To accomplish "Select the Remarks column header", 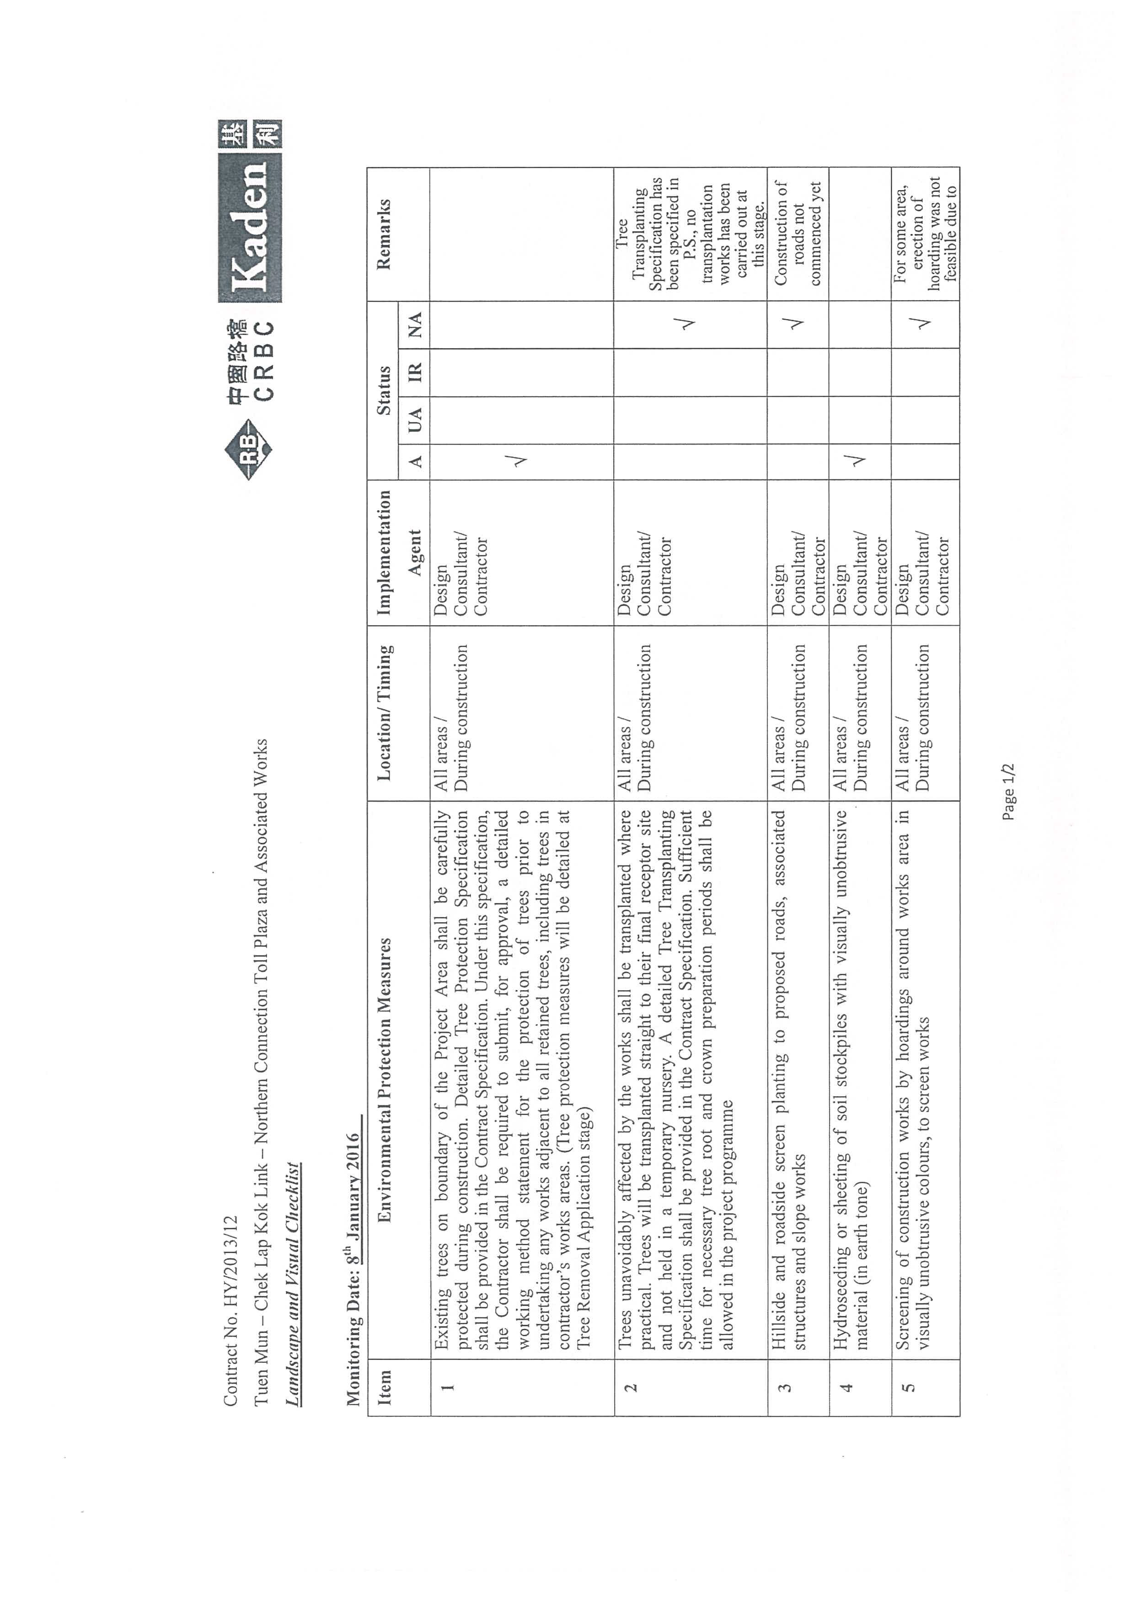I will point(384,234).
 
